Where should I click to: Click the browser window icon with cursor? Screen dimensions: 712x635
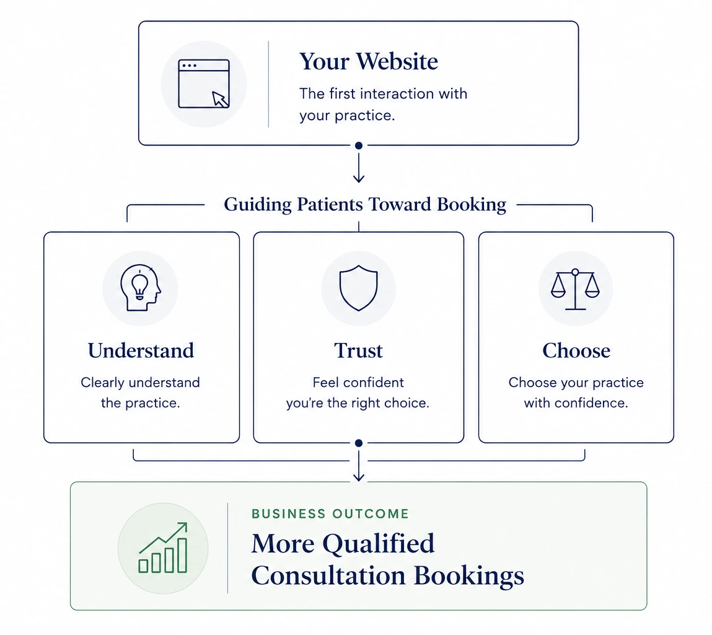(204, 84)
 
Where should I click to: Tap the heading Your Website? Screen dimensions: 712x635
(369, 61)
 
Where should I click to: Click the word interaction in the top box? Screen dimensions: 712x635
(397, 94)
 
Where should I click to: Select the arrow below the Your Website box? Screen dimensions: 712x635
(359, 167)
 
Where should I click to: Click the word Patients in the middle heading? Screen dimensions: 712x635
(330, 204)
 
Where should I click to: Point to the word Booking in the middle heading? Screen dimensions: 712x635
(472, 205)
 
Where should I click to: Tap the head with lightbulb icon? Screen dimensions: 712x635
(141, 288)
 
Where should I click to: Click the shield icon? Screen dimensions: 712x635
(359, 288)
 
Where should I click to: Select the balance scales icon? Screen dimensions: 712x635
(575, 289)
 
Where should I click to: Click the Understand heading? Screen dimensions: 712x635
(141, 350)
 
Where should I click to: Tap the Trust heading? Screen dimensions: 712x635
(359, 350)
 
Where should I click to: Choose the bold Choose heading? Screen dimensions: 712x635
(576, 350)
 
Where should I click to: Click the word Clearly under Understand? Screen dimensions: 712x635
(103, 383)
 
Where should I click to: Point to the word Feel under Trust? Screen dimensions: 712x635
(326, 382)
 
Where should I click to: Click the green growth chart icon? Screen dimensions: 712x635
(163, 548)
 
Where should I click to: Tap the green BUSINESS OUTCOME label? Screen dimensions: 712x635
(330, 513)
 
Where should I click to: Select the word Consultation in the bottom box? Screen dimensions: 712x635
(328, 575)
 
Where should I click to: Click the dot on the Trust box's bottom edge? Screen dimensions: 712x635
(359, 443)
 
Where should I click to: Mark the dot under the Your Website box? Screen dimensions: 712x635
(359, 146)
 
